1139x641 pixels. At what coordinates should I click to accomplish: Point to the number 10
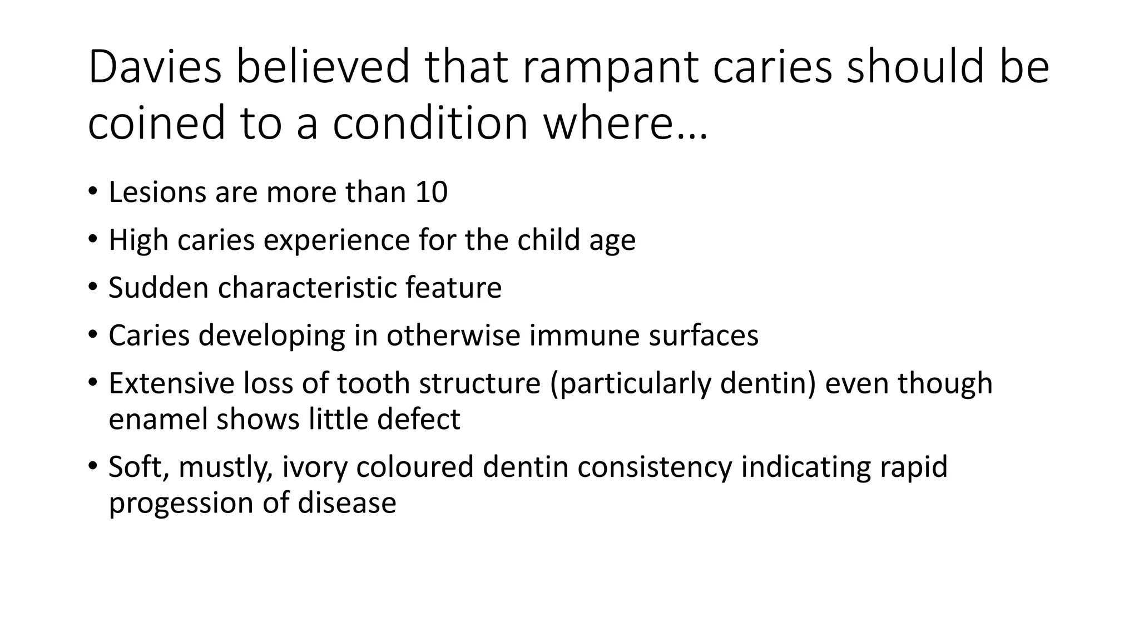pyautogui.click(x=431, y=193)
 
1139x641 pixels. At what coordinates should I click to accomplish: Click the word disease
pyautogui.click(x=347, y=503)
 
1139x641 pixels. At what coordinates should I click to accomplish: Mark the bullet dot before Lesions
pyautogui.click(x=92, y=192)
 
